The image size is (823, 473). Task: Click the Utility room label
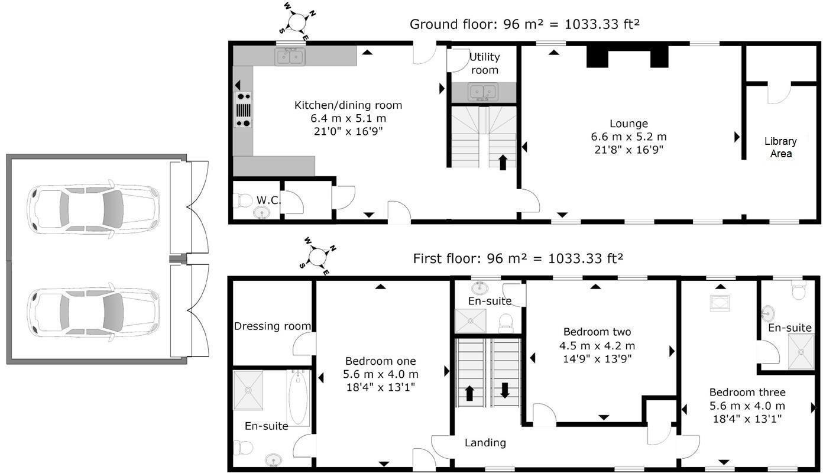[485, 63]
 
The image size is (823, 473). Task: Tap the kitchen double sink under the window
[290, 57]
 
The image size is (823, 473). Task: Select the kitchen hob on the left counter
[243, 109]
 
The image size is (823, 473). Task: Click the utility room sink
[483, 92]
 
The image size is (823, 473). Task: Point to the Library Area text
[781, 147]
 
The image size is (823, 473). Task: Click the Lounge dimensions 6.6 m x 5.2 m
[628, 137]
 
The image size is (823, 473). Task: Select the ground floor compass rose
[297, 21]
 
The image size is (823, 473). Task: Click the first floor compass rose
[318, 256]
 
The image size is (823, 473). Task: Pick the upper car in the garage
[93, 209]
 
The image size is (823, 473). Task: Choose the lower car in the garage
[93, 312]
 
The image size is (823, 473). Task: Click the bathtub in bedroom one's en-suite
[298, 398]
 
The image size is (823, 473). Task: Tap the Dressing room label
[272, 326]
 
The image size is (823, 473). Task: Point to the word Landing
[485, 443]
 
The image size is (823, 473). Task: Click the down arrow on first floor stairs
[505, 391]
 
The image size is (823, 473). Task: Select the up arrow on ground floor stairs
[503, 163]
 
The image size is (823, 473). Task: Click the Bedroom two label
[597, 332]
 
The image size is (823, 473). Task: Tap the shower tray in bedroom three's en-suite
[801, 352]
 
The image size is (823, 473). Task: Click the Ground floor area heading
[524, 24]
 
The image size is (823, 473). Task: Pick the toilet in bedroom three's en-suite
[799, 290]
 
